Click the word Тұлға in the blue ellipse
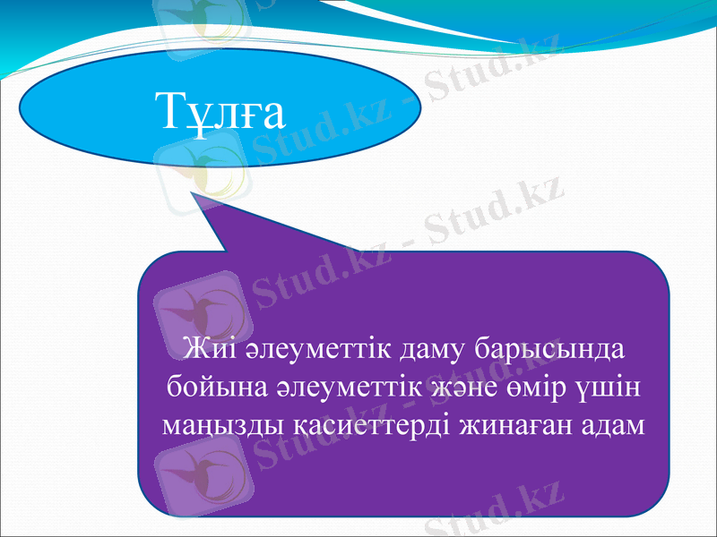219,112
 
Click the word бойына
208,388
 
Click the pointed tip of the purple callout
193,192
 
